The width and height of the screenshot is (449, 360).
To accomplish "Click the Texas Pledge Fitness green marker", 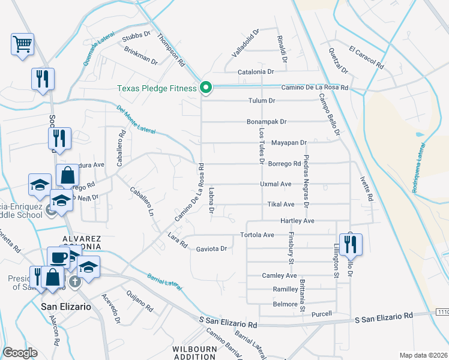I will point(206,88).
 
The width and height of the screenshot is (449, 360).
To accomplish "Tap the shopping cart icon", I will point(22,44).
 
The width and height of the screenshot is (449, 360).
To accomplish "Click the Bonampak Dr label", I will point(267,121).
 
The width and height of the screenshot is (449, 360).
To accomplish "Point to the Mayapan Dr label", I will point(289,143).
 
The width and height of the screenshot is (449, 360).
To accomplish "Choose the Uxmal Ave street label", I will point(276,184).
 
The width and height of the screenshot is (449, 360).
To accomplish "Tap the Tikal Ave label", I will point(281,204).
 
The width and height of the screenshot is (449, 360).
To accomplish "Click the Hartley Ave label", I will point(297,221).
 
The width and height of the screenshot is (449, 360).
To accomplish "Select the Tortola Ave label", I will point(257,235).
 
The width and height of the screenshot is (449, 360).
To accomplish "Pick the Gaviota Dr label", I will point(211,248).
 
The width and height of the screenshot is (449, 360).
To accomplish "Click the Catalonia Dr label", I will point(256,71).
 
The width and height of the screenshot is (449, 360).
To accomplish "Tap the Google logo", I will point(20,353).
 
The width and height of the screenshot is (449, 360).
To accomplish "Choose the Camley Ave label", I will point(279,275).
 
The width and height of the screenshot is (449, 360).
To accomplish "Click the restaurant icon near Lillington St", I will point(352,244).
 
